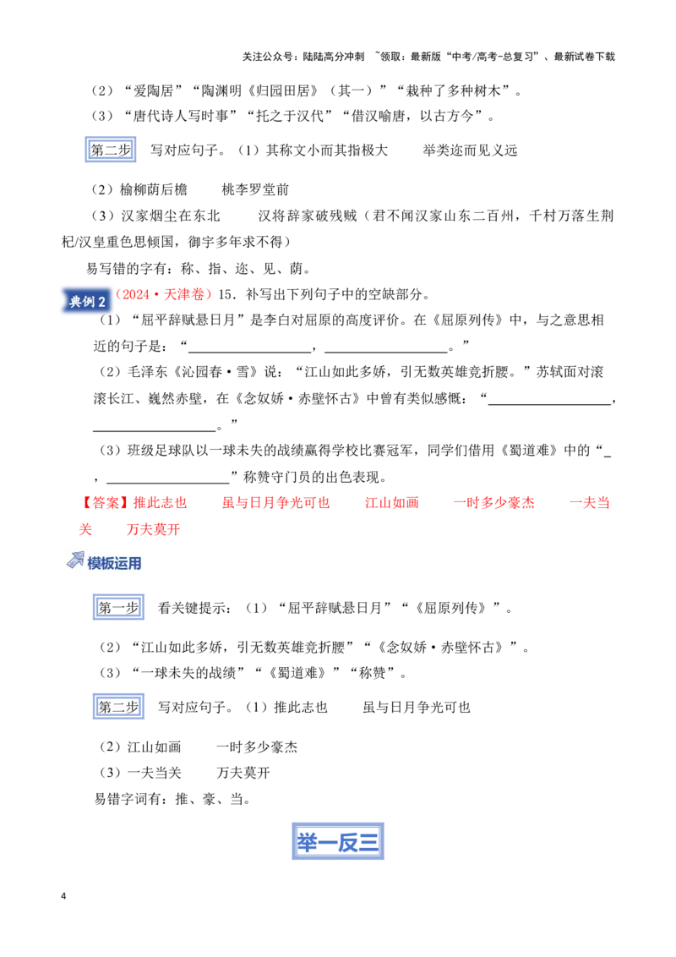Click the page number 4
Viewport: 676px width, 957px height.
tap(63, 896)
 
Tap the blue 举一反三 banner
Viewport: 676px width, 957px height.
tap(338, 842)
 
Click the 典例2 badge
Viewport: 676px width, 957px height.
tap(87, 301)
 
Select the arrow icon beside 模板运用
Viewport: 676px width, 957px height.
tap(75, 561)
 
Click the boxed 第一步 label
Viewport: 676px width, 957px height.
tap(118, 607)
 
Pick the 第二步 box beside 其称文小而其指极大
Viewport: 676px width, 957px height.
tap(111, 150)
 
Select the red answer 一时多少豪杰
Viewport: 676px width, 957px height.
tap(493, 503)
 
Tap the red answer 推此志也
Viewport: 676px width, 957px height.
tap(160, 503)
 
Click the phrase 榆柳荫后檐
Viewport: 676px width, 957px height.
tap(154, 190)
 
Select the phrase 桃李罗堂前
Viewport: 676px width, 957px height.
tap(255, 190)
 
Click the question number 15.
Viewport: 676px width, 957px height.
tap(225, 294)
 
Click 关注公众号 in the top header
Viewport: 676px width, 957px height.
tap(266, 57)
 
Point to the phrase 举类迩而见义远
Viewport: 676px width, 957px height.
tap(470, 150)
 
